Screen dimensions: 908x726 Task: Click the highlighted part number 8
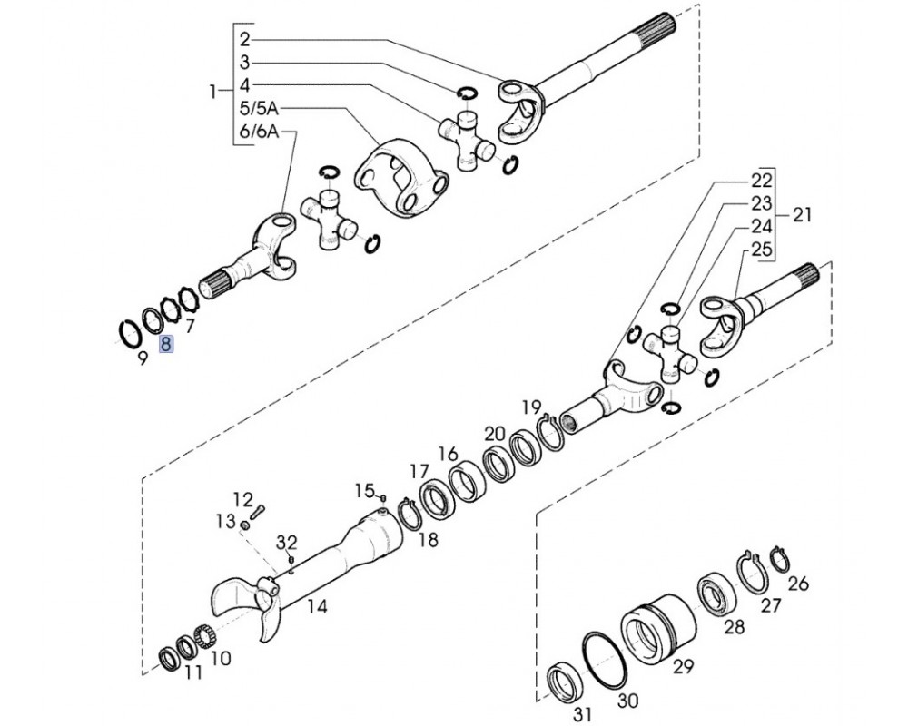coord(165,344)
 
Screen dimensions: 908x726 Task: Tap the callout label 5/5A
coord(259,108)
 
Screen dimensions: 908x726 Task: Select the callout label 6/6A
coord(259,132)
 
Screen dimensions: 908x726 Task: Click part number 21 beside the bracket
coord(802,215)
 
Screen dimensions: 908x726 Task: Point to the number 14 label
coord(317,606)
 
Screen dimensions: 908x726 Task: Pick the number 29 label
coord(683,666)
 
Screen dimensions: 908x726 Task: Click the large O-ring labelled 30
coord(605,661)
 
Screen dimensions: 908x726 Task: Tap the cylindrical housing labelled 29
coord(657,627)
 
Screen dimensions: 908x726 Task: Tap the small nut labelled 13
coord(245,525)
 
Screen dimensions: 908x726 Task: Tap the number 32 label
coord(286,543)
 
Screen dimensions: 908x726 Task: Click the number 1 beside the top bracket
coord(212,91)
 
